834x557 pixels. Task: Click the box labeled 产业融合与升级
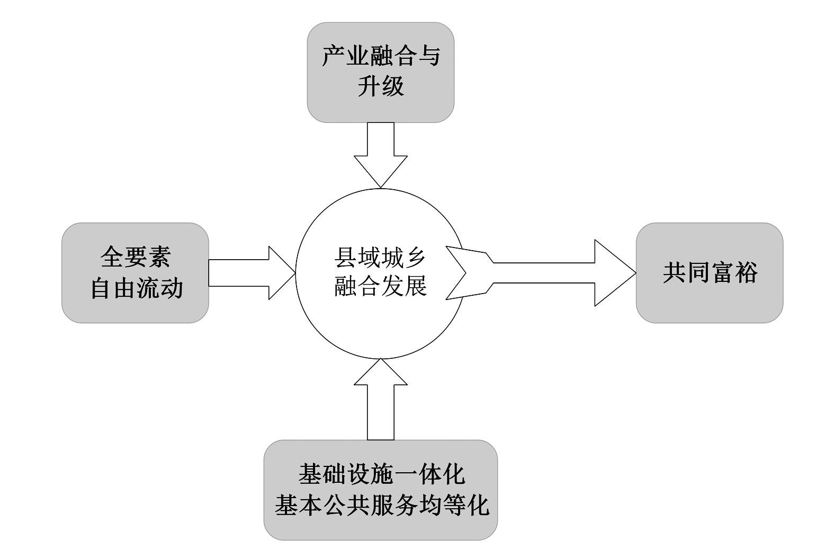pyautogui.click(x=380, y=72)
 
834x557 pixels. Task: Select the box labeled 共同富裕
pyautogui.click(x=709, y=272)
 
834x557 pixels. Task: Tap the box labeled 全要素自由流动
pyautogui.click(x=135, y=272)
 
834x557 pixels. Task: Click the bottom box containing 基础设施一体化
pyautogui.click(x=380, y=490)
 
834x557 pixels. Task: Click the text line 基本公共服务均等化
pyautogui.click(x=381, y=505)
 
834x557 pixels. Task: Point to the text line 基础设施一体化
pyautogui.click(x=381, y=474)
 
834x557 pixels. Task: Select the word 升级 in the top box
pyautogui.click(x=380, y=86)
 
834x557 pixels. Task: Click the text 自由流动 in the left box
pyautogui.click(x=137, y=288)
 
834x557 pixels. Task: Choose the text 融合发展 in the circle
pyautogui.click(x=380, y=287)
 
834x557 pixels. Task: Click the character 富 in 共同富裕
pyautogui.click(x=722, y=272)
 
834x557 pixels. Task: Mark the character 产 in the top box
pyautogui.click(x=334, y=56)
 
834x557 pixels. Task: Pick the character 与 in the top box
pyautogui.click(x=428, y=56)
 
